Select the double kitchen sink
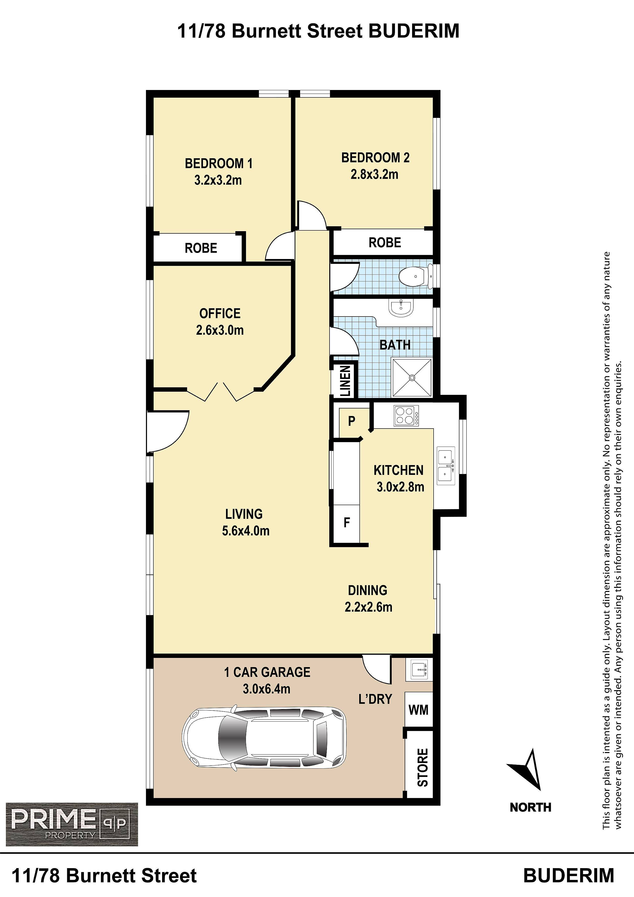coord(446,466)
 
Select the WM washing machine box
coord(419,710)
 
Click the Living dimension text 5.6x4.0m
coord(246,531)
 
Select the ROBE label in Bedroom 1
coord(201,248)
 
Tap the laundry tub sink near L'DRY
coord(419,670)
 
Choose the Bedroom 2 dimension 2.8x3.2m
coord(374,174)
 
